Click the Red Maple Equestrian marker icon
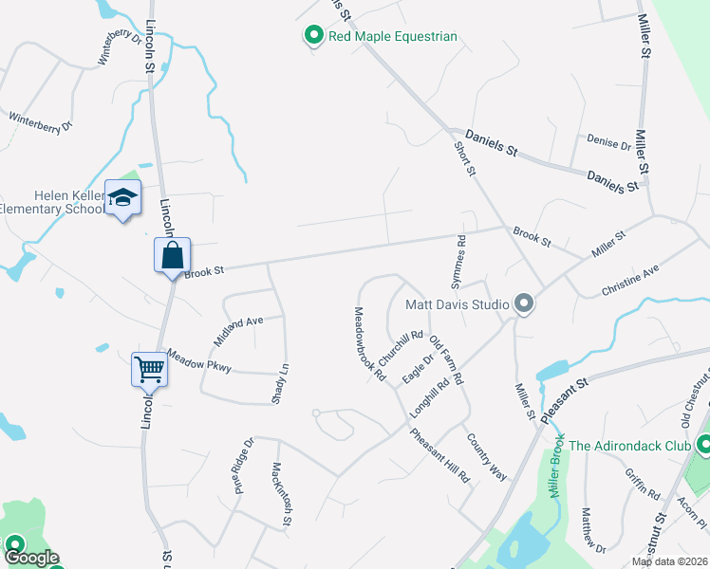(x=314, y=36)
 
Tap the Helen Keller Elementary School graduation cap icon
(x=122, y=197)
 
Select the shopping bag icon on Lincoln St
(x=172, y=255)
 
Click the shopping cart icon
(x=150, y=369)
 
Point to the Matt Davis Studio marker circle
(x=524, y=304)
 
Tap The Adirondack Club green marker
(x=703, y=445)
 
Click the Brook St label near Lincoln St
(x=204, y=272)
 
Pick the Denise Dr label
(x=608, y=143)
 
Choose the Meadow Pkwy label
(x=198, y=360)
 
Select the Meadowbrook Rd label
(x=370, y=342)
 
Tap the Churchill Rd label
(x=400, y=348)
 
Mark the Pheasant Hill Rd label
(x=439, y=456)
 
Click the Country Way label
(x=486, y=456)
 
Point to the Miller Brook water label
(x=558, y=466)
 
